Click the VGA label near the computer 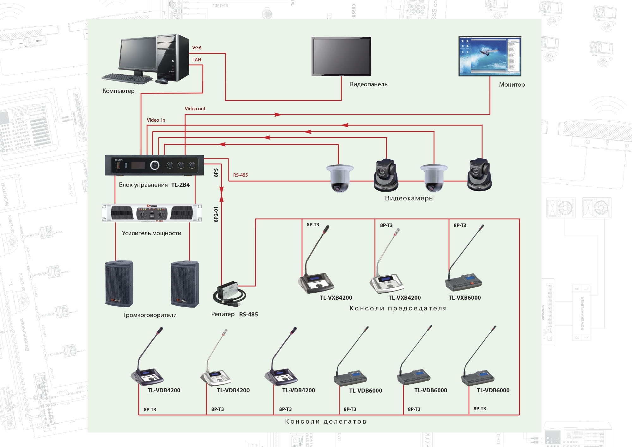197,48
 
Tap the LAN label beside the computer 197,60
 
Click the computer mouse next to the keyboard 162,81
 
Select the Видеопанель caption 368,84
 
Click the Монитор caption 512,85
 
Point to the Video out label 195,109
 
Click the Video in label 156,120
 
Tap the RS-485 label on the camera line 240,175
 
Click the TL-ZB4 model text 180,185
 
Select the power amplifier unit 152,213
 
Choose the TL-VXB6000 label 465,298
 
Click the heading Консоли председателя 398,308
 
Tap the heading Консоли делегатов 326,421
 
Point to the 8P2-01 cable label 216,214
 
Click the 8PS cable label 216,173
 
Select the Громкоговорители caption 150,315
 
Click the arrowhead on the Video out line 278,114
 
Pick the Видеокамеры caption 409,199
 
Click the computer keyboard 126,78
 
